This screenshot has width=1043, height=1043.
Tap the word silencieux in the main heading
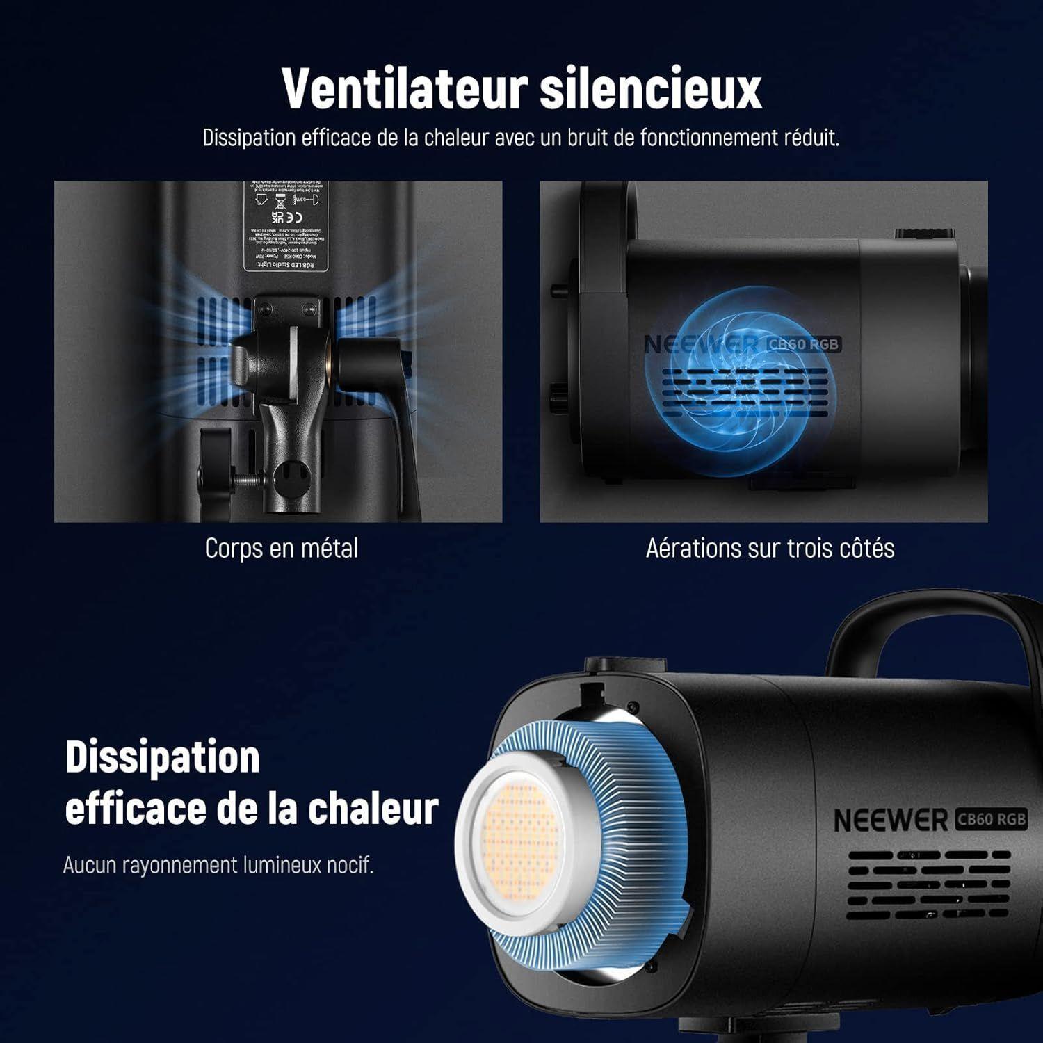[651, 88]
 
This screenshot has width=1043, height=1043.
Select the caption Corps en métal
[282, 549]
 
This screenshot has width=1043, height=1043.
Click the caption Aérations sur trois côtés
[770, 549]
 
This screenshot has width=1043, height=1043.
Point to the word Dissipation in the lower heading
[162, 757]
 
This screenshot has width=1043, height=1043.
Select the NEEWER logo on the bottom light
[890, 820]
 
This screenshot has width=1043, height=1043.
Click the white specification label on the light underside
[286, 226]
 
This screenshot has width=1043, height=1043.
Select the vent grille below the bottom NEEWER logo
[928, 883]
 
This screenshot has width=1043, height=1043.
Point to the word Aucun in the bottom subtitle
[90, 866]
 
